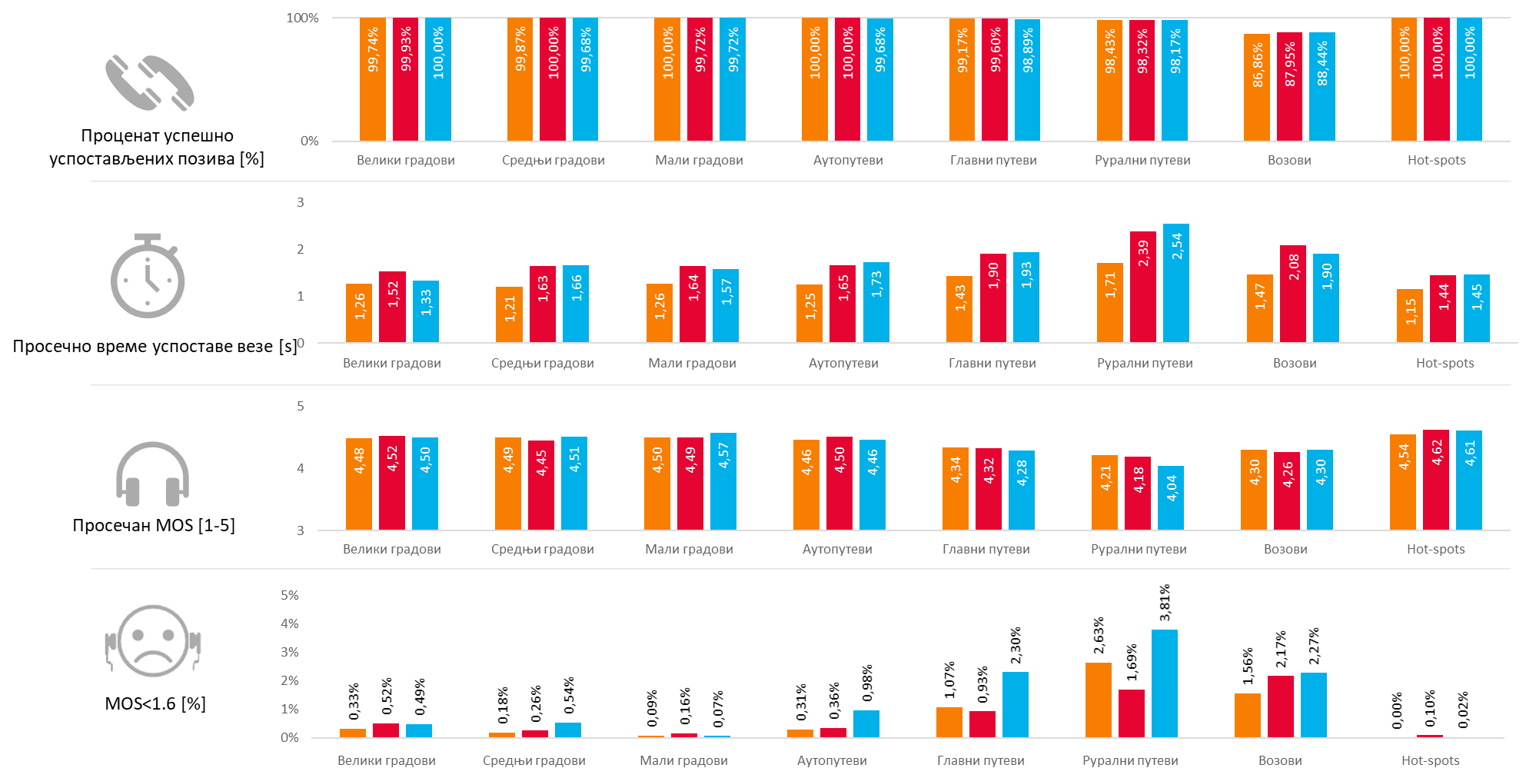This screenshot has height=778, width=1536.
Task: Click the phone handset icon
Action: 150,83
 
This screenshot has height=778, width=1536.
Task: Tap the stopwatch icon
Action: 148,277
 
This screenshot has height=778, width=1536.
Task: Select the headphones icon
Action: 152,474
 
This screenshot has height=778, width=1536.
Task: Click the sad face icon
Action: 154,642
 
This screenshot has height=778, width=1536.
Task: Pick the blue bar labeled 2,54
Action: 1176,283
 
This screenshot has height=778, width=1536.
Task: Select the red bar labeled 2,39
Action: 1143,287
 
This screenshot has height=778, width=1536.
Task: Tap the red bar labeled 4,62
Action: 1436,480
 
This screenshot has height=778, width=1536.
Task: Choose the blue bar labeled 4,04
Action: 1171,497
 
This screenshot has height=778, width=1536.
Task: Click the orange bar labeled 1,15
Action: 1410,316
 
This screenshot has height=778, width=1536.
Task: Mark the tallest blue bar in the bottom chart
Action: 1165,683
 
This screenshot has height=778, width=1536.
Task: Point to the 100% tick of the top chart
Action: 302,18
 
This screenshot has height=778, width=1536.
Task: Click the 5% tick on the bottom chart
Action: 290,595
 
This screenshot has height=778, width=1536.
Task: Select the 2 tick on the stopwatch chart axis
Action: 301,249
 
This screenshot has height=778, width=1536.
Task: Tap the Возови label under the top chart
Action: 1289,160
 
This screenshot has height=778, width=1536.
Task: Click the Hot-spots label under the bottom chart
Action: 1430,760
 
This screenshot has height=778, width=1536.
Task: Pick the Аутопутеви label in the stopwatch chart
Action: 843,363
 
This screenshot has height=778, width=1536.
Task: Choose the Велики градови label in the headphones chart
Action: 392,549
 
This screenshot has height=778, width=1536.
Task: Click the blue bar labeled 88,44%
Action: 1322,87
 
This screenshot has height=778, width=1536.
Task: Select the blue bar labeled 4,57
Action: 723,481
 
